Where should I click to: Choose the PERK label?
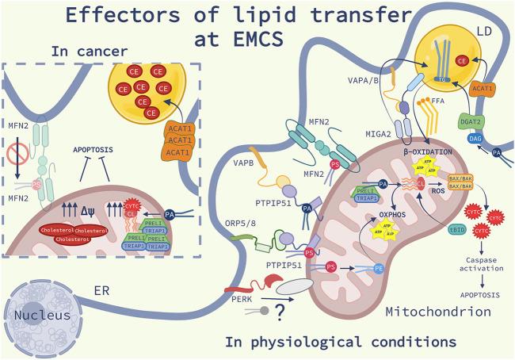[x=239, y=301]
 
